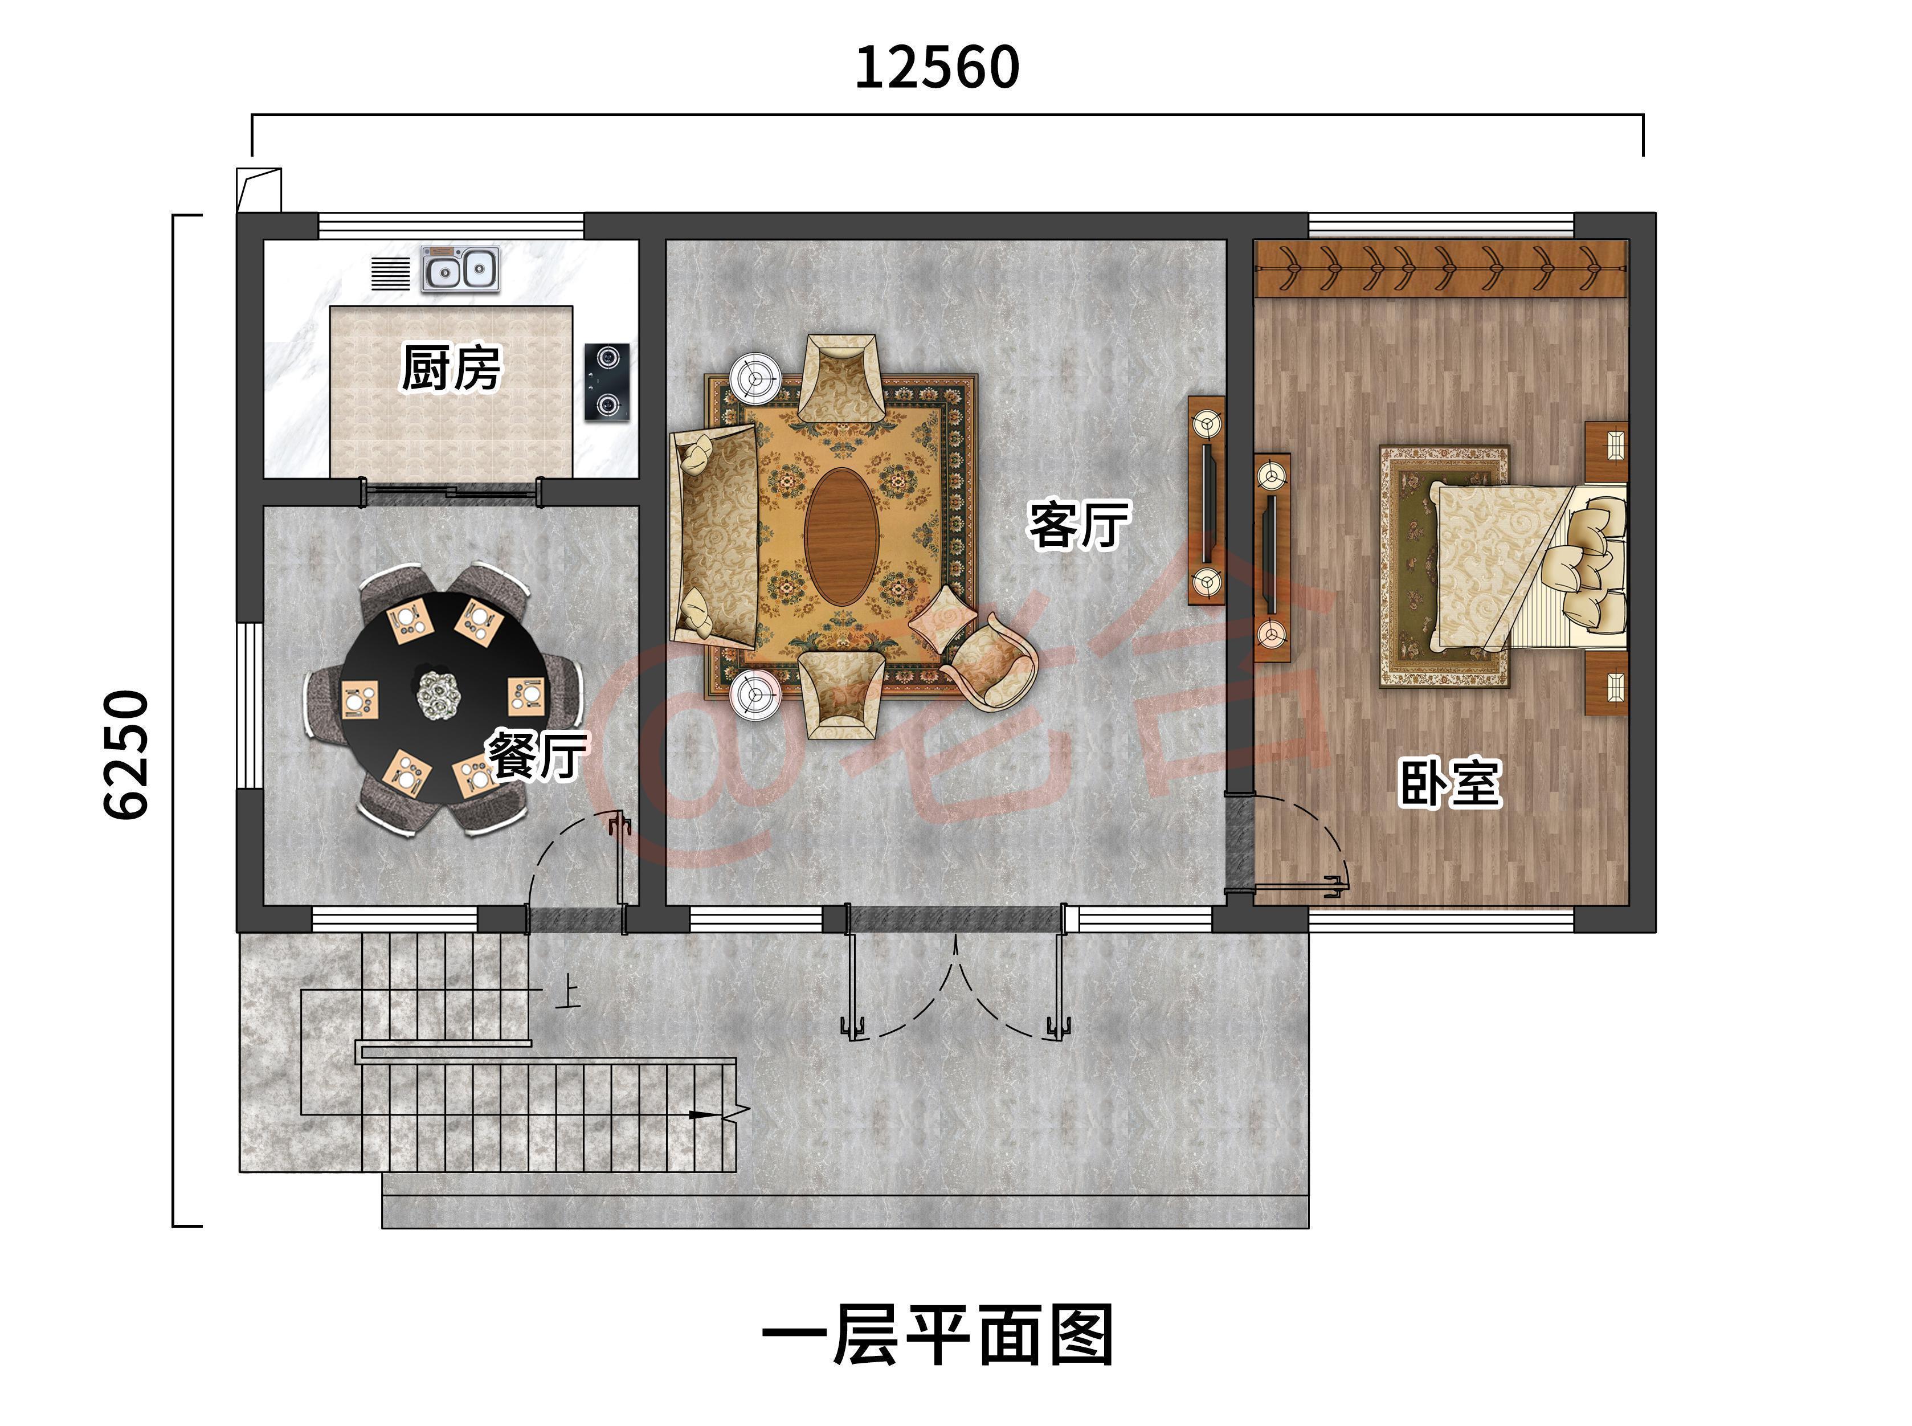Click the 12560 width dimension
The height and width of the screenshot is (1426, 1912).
(x=937, y=68)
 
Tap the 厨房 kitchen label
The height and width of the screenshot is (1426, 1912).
(x=451, y=369)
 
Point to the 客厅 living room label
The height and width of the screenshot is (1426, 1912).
(x=1078, y=524)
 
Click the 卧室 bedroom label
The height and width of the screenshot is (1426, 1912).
(x=1449, y=783)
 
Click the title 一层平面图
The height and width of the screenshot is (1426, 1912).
(x=937, y=1335)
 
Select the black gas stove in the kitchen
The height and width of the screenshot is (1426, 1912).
(x=607, y=382)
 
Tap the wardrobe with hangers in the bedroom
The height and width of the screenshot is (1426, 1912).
(x=1440, y=268)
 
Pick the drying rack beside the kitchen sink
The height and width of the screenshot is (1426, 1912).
(x=390, y=273)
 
